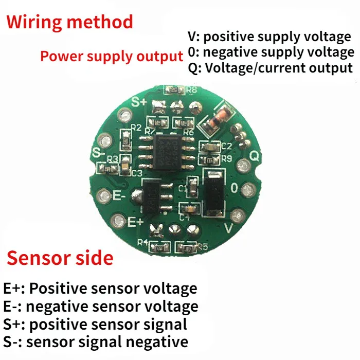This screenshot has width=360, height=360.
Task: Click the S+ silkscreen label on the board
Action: tap(140, 101)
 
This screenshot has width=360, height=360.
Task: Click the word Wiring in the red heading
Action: tap(35, 23)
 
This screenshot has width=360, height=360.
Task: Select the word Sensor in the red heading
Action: tap(41, 258)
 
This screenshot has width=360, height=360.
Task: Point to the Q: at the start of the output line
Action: tap(195, 68)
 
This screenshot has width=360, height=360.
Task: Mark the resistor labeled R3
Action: tap(108, 168)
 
